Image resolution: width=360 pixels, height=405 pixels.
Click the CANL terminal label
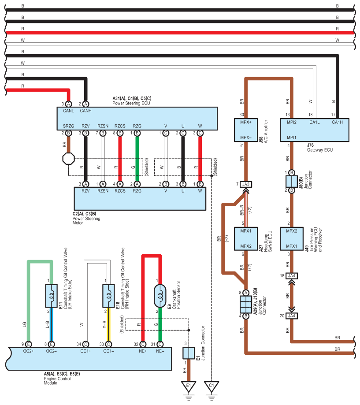tap(68, 111)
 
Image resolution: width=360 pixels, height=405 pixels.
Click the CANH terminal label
tap(86, 111)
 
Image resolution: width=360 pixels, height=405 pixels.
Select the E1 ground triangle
tap(189, 386)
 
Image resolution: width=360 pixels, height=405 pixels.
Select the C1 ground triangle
tap(212, 386)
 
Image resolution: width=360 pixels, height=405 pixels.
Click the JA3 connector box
tap(246, 184)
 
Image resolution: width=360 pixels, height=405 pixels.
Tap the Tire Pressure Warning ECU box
tap(291, 238)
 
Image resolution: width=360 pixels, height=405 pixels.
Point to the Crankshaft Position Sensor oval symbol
tap(160, 295)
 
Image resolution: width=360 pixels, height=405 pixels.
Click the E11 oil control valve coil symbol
tap(51, 295)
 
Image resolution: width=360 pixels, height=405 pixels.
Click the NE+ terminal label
tap(142, 351)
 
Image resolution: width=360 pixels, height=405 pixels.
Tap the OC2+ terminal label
tap(28, 351)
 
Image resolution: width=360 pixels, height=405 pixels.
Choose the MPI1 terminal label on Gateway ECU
tap(291, 137)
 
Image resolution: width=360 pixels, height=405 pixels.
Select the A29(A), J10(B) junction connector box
tap(246, 304)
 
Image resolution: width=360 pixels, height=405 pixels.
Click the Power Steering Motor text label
tap(86, 219)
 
